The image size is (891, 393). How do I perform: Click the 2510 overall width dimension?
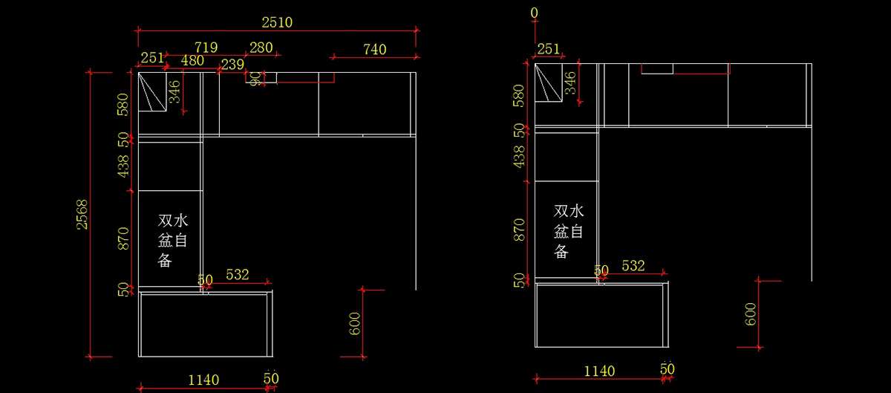pos(278,22)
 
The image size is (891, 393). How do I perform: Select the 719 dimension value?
pos(206,48)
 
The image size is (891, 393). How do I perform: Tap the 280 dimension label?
pos(261,48)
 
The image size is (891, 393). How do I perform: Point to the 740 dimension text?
pos(374,50)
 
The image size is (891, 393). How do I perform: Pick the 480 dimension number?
pos(192,61)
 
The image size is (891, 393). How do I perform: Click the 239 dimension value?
pos(232,65)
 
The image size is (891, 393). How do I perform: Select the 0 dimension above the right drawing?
pos(535,13)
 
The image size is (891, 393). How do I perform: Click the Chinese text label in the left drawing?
pos(173,240)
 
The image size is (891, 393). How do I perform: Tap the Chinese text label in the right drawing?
pos(568,231)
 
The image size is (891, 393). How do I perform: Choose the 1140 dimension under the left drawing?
pos(203,380)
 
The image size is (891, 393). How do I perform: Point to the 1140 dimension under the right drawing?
pos(599,371)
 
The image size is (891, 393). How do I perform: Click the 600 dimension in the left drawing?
pos(355,323)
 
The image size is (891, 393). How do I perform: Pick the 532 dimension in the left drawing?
pos(237,275)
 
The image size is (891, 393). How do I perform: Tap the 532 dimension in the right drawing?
pos(633,266)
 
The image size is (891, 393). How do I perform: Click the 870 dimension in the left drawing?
pos(123,238)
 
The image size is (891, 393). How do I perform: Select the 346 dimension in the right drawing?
pos(570,82)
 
